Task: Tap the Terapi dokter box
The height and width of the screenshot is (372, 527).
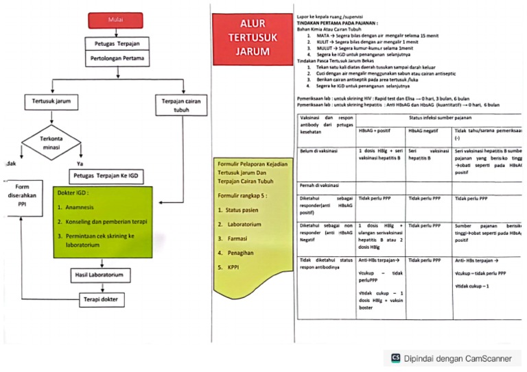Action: click(101, 299)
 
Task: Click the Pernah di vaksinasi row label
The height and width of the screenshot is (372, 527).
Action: click(320, 185)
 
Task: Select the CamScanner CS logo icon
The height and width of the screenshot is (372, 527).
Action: click(396, 357)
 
